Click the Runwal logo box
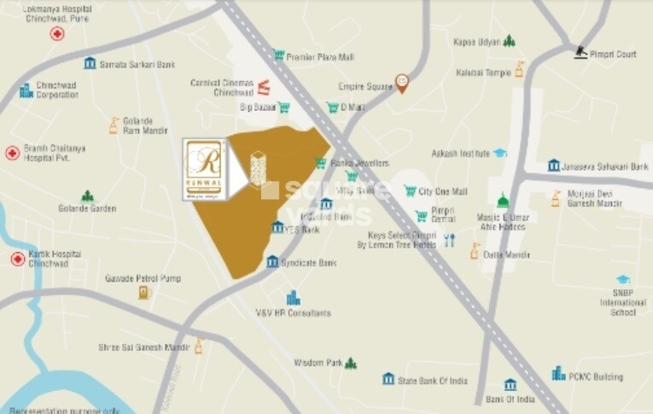[x=205, y=170]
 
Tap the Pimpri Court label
[x=614, y=55]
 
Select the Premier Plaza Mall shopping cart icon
[x=278, y=55]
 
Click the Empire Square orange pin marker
[x=402, y=83]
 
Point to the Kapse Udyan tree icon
[x=510, y=41]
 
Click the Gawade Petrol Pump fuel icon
[x=144, y=293]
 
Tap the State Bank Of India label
[x=434, y=379]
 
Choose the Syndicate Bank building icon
[x=272, y=262]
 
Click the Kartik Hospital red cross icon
[x=18, y=259]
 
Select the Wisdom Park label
[x=318, y=363]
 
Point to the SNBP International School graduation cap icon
[x=623, y=280]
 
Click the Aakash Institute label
[x=460, y=154]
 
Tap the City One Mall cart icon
[x=410, y=191]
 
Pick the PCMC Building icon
[x=558, y=374]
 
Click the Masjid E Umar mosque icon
[x=503, y=201]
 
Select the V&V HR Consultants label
[x=293, y=313]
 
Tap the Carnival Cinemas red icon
[x=264, y=86]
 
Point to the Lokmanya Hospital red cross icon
[x=57, y=34]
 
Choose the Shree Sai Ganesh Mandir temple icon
[x=199, y=347]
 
